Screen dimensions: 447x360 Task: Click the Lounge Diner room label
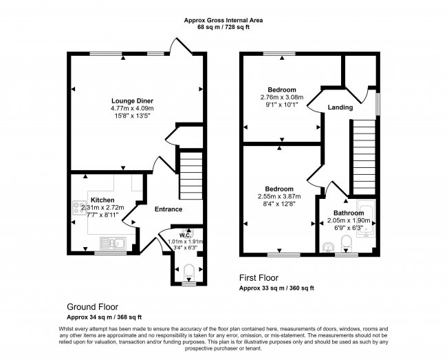click(132, 101)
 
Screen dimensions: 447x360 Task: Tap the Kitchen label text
click(102, 200)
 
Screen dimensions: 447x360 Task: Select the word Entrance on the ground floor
click(168, 209)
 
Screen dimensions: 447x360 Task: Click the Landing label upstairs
click(340, 107)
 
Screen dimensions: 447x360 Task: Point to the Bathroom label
click(349, 213)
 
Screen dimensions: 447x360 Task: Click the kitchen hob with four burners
click(80, 208)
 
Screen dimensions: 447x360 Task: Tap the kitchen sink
click(113, 244)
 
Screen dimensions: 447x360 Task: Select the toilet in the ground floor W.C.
click(188, 272)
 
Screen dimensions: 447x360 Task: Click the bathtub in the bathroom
click(367, 218)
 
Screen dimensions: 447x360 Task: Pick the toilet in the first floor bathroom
click(347, 243)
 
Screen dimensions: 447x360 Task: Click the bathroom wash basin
click(328, 248)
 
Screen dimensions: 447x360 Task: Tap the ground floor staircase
click(191, 176)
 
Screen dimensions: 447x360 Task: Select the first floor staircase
click(364, 158)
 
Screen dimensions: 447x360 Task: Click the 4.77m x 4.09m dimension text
click(132, 108)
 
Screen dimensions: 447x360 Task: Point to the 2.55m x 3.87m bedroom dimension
click(279, 196)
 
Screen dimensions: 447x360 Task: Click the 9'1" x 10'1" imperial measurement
click(282, 105)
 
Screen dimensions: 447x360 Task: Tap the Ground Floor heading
click(92, 307)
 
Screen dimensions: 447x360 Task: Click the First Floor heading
click(259, 277)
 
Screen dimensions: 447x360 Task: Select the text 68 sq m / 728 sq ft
click(223, 28)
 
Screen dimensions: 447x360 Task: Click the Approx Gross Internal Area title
click(223, 20)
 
